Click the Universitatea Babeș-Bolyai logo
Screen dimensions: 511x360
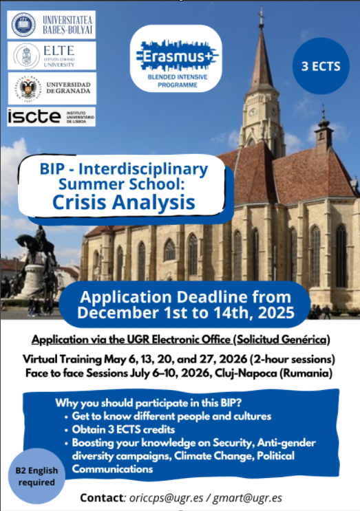[x=52, y=24]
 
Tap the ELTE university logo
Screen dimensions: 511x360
[x=52, y=55]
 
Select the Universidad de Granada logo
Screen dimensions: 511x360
[x=52, y=88]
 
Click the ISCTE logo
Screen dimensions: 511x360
[x=52, y=116]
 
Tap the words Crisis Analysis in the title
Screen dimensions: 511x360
[x=123, y=202]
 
